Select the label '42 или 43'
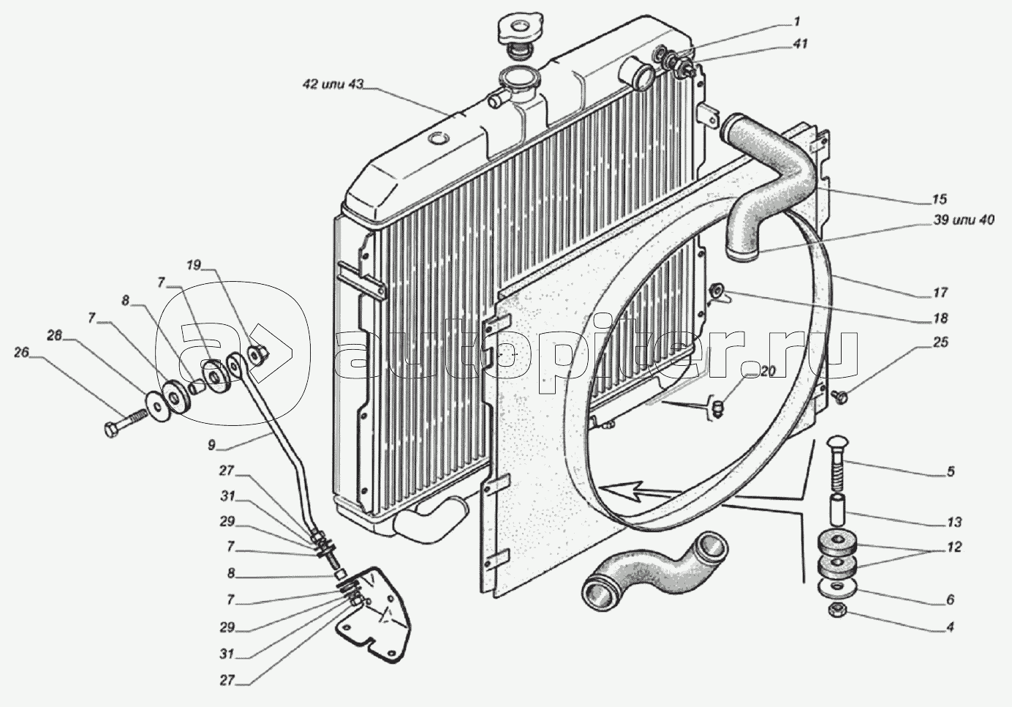pyautogui.click(x=333, y=84)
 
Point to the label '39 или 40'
pyautogui.click(x=962, y=220)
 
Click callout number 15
pyautogui.click(x=940, y=199)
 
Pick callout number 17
pyautogui.click(x=940, y=293)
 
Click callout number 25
pyautogui.click(x=940, y=343)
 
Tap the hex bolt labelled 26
pyautogui.click(x=126, y=421)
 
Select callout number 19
pyautogui.click(x=194, y=265)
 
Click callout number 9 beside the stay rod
pyautogui.click(x=211, y=445)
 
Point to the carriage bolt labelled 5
pyautogui.click(x=838, y=464)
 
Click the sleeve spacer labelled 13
pyautogui.click(x=837, y=510)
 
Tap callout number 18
pyautogui.click(x=940, y=318)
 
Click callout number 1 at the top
pyautogui.click(x=796, y=21)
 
